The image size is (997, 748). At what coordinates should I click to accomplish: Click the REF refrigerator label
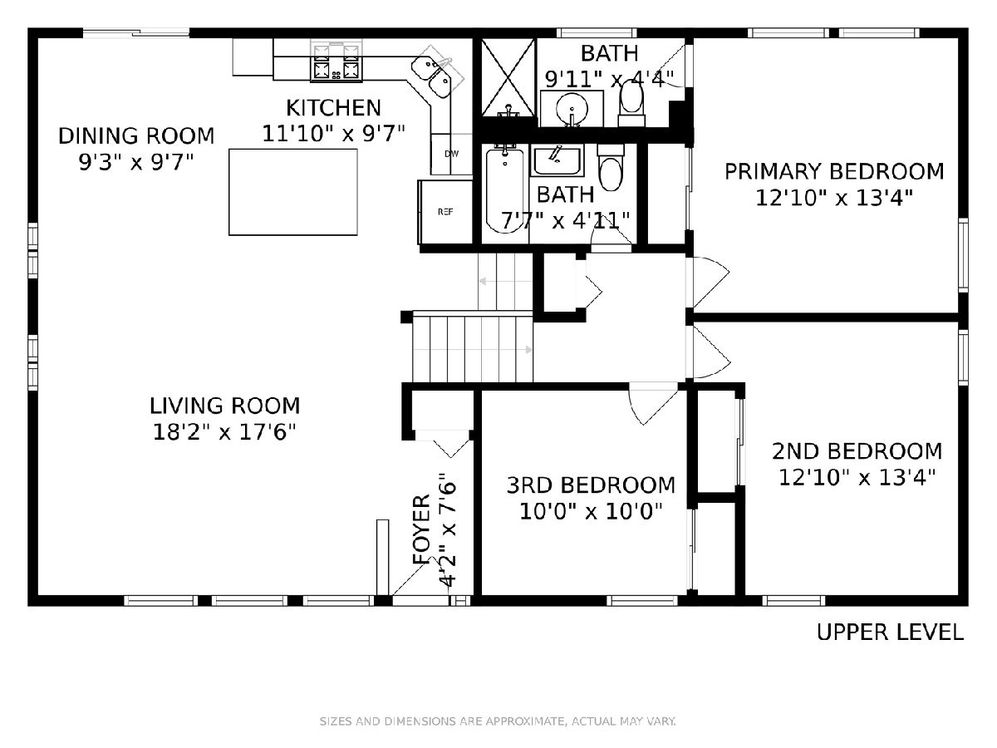click(x=445, y=212)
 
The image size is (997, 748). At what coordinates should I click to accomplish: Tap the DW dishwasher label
click(x=451, y=154)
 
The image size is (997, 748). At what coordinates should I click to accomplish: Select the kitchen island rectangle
click(x=293, y=192)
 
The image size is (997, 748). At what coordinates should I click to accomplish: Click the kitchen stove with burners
click(x=336, y=63)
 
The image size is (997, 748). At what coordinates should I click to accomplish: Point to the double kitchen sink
click(x=432, y=76)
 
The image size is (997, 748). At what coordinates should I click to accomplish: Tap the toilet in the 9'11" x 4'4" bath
click(x=631, y=103)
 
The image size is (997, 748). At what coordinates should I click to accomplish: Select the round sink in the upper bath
click(x=572, y=110)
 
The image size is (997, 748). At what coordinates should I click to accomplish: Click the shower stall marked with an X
click(x=508, y=77)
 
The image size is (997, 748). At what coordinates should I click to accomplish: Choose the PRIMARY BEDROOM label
click(x=834, y=172)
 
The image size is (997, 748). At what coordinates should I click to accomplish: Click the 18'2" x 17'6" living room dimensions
click(x=224, y=432)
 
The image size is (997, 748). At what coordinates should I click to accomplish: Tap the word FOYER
click(x=421, y=529)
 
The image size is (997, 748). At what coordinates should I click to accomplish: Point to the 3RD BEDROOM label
click(x=591, y=485)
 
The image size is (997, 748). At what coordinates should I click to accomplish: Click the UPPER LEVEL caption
click(x=890, y=632)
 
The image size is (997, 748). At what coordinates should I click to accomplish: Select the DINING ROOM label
click(x=136, y=135)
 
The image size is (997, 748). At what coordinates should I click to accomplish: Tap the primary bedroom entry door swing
click(x=711, y=282)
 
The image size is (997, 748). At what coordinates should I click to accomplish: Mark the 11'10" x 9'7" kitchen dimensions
click(x=333, y=134)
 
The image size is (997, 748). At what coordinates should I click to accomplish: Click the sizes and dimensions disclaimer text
click(x=498, y=721)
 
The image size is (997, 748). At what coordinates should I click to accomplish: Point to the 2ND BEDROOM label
click(x=857, y=451)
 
